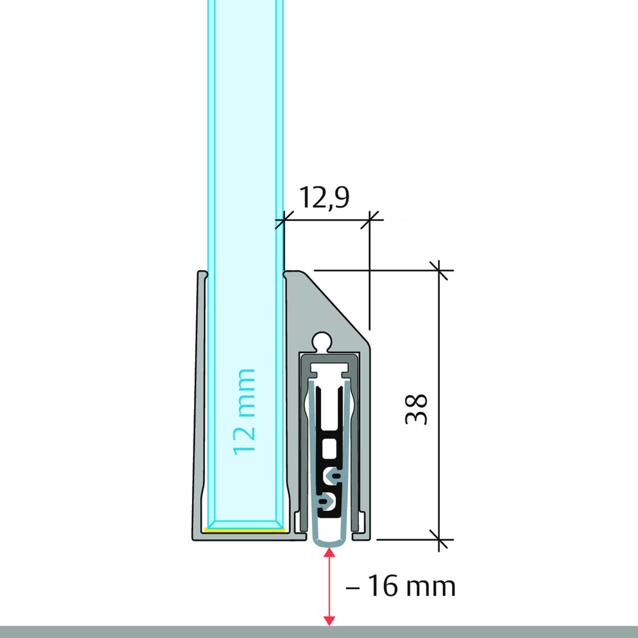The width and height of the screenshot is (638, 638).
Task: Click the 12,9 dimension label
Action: pyautogui.click(x=324, y=198)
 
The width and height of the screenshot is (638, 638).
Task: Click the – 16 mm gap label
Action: pyautogui.click(x=401, y=587)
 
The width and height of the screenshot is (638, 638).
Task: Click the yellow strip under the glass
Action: pyautogui.click(x=245, y=530)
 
